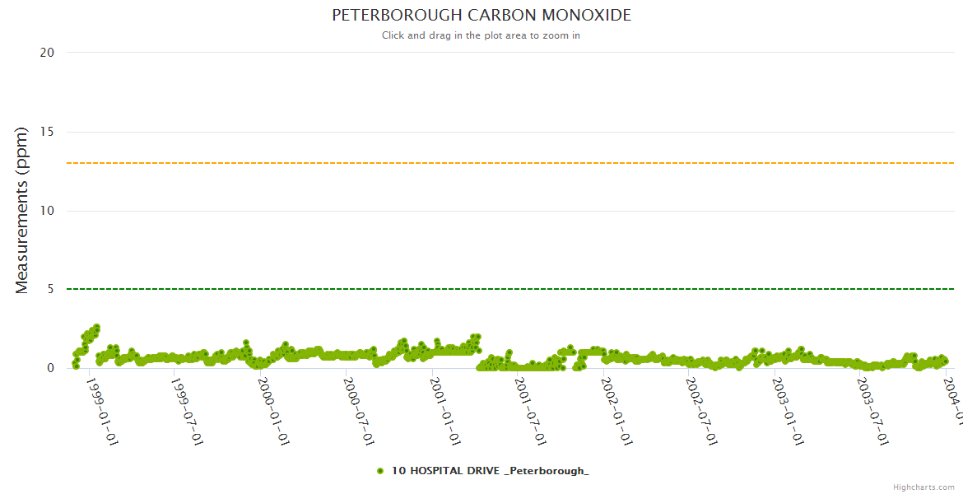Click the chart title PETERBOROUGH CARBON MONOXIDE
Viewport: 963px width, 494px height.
pos(481,16)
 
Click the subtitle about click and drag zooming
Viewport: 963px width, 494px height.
pos(481,35)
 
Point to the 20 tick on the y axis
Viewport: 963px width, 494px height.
pos(47,53)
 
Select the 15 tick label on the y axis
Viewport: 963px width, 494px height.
pos(47,132)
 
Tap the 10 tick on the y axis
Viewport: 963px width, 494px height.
pos(47,211)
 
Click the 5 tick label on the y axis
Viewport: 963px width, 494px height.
pos(50,290)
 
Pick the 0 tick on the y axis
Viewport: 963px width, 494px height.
pos(50,369)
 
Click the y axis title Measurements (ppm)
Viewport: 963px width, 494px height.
pos(22,211)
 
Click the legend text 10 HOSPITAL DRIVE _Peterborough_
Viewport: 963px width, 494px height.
pos(490,471)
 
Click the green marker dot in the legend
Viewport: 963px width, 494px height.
pos(380,471)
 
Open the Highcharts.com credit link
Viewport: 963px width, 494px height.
pos(923,487)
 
